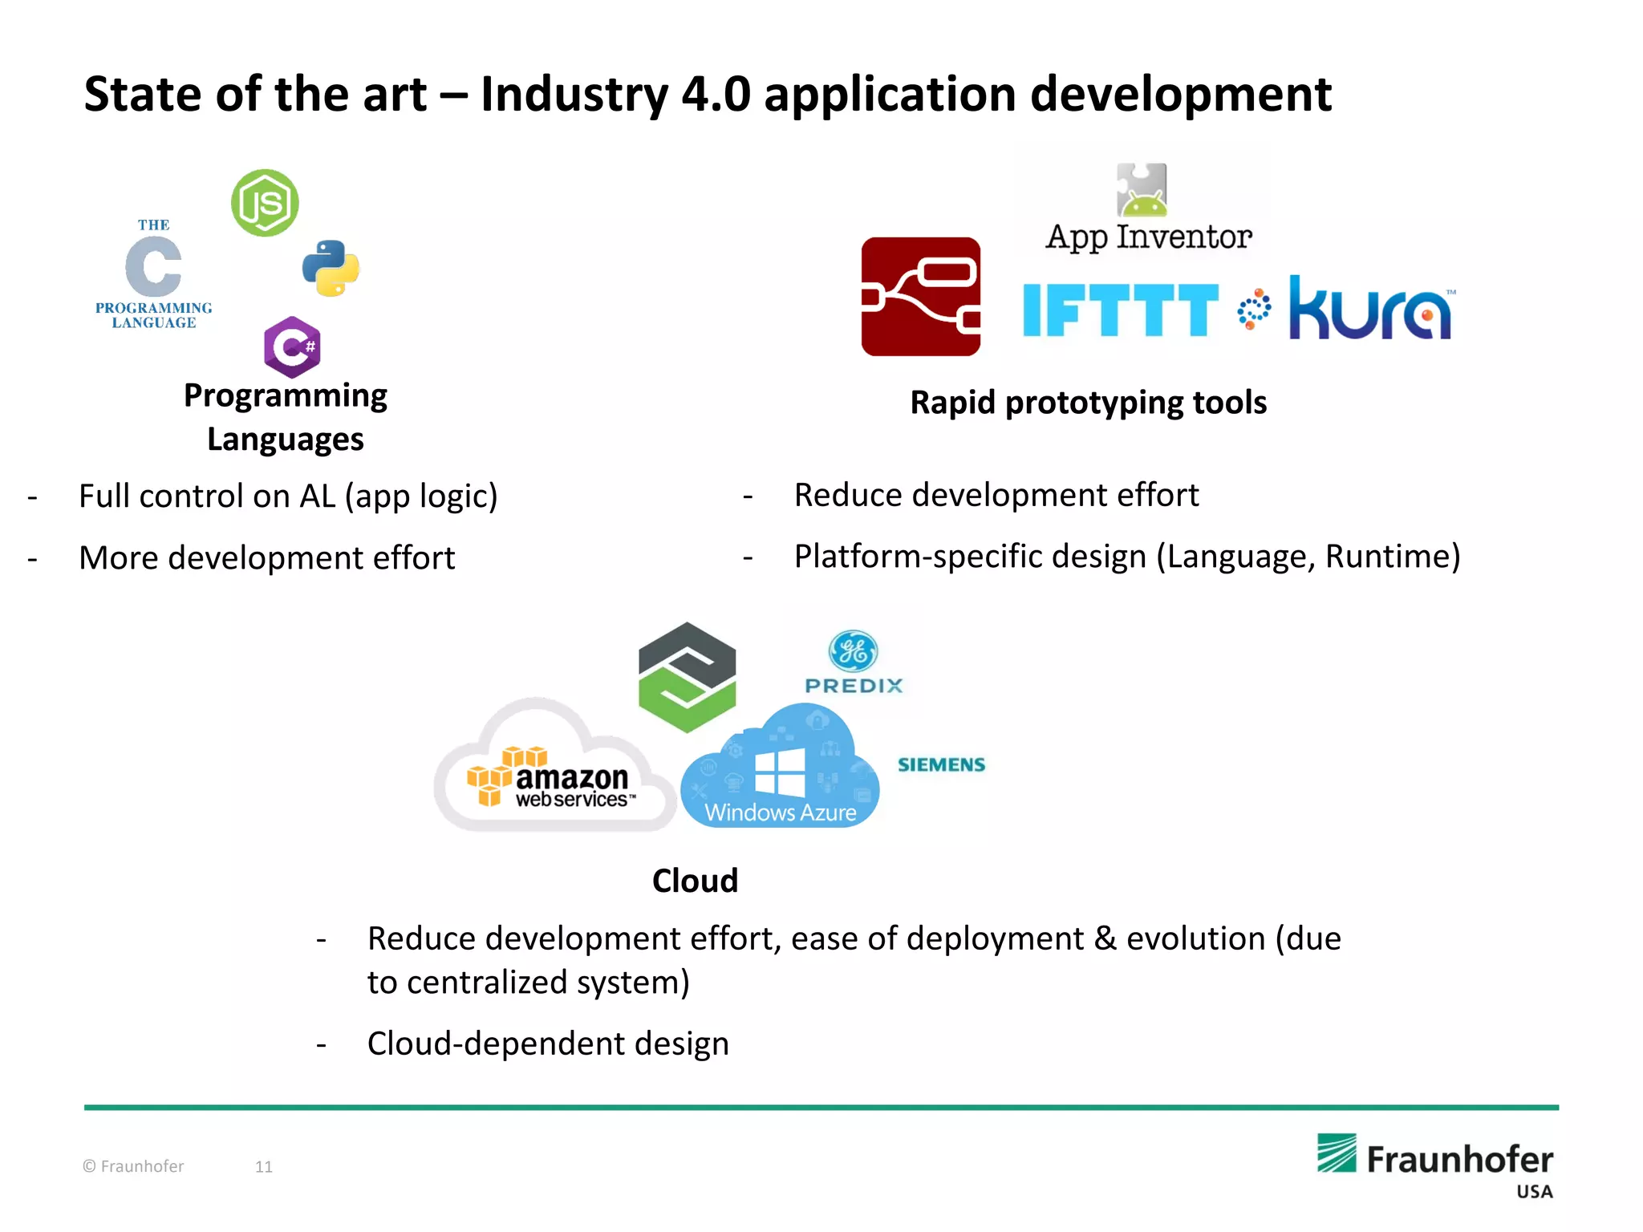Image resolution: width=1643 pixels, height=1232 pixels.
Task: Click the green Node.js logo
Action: [x=265, y=203]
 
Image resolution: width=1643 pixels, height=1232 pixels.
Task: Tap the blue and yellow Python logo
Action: [x=331, y=268]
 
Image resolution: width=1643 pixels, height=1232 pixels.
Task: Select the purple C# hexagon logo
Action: [x=292, y=347]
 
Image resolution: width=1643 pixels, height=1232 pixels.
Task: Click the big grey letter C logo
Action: [x=153, y=266]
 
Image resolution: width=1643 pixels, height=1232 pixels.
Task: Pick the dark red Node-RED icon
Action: [x=920, y=297]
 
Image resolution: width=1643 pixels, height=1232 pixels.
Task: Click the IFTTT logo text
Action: [x=1120, y=310]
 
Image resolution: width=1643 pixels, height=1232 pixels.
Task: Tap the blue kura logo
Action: [x=1370, y=310]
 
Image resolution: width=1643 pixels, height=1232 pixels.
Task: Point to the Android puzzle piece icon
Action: [x=1142, y=190]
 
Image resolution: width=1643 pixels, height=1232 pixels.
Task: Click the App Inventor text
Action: [x=1148, y=237]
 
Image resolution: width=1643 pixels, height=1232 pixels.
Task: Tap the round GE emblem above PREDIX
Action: [x=853, y=650]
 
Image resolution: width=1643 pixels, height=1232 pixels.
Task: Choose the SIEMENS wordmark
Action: [x=941, y=764]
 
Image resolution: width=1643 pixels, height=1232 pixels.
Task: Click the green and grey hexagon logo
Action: [x=687, y=677]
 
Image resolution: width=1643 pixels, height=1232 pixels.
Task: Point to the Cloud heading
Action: [x=695, y=881]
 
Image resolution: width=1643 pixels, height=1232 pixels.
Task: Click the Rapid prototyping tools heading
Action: [x=1088, y=403]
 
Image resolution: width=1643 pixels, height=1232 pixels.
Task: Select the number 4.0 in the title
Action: [x=716, y=94]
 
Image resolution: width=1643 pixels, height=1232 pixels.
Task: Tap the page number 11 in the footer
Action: [x=264, y=1167]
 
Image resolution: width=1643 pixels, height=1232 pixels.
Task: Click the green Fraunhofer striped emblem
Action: [x=1337, y=1153]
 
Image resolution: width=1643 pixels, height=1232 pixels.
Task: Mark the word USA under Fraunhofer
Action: [x=1534, y=1192]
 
